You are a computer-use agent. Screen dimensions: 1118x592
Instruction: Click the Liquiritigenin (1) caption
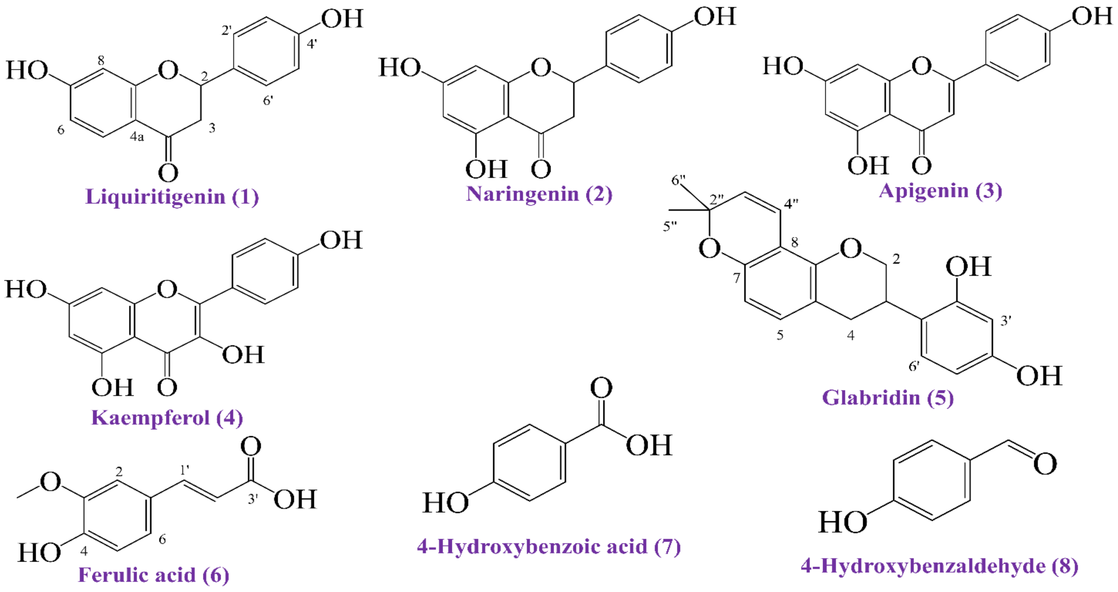(172, 196)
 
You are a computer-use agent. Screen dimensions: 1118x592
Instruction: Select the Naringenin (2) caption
(539, 194)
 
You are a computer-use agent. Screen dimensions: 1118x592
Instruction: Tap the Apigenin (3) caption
(940, 191)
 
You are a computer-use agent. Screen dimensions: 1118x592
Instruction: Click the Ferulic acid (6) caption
(153, 575)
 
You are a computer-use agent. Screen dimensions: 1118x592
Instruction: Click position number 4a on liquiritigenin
(137, 137)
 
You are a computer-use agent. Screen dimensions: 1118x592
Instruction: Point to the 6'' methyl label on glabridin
(678, 180)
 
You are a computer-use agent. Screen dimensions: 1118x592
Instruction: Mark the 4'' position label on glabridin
(791, 203)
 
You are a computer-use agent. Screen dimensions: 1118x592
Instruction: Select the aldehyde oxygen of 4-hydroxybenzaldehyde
(1045, 464)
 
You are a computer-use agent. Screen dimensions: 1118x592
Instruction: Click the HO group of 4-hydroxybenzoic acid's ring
(445, 503)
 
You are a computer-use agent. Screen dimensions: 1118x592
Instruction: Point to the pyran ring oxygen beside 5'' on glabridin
(709, 249)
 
